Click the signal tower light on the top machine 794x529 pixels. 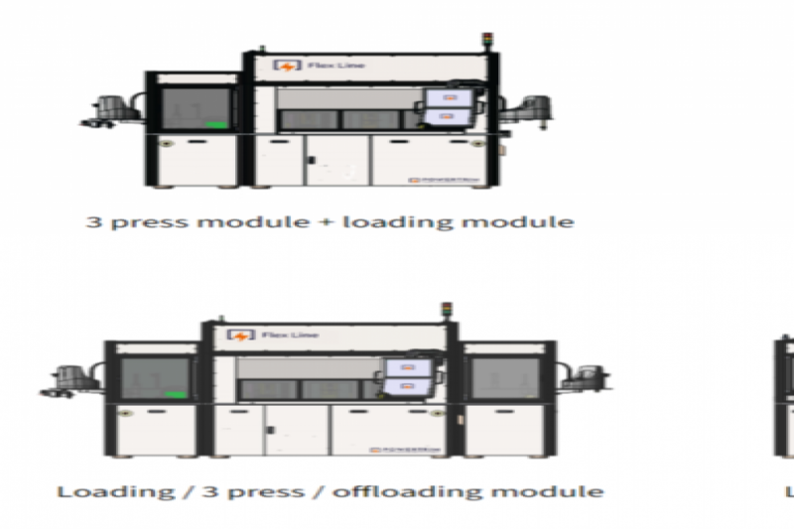click(x=487, y=41)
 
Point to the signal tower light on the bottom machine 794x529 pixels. click(x=445, y=309)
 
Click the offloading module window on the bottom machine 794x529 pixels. click(x=503, y=382)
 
